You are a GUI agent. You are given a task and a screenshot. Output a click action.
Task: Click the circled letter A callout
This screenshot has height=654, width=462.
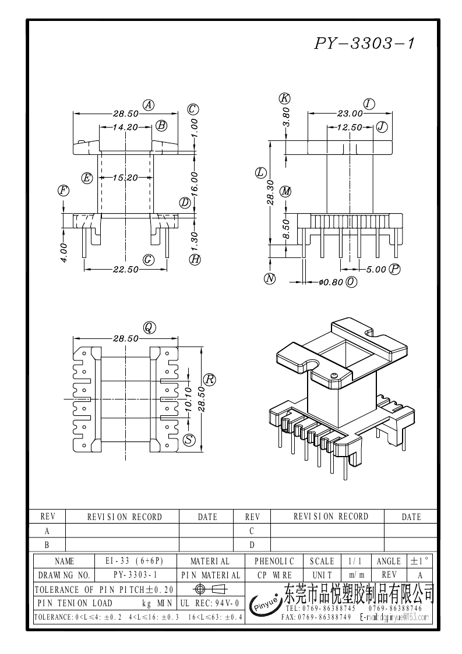point(149,105)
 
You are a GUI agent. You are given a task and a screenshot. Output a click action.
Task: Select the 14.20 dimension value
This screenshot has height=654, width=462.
point(125,126)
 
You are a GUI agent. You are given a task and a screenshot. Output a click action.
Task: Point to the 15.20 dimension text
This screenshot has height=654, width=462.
point(125,178)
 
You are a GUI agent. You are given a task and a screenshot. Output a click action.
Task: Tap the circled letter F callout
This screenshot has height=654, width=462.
point(63,190)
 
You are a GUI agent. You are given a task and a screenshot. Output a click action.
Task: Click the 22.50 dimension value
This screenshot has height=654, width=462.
point(125,268)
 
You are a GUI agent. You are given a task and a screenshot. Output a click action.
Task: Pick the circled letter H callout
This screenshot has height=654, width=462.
point(195,259)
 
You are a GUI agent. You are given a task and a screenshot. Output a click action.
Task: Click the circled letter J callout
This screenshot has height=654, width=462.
point(382,126)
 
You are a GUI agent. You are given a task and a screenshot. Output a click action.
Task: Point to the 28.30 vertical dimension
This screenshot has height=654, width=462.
point(270,192)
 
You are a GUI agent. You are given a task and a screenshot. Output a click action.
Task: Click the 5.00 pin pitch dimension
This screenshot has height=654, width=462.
point(376,269)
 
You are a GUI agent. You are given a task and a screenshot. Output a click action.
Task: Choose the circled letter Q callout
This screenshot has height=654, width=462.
point(149,328)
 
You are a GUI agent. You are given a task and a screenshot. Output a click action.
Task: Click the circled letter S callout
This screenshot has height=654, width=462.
point(189,440)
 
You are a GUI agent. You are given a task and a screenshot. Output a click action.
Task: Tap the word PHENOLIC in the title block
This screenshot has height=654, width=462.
point(274,561)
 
